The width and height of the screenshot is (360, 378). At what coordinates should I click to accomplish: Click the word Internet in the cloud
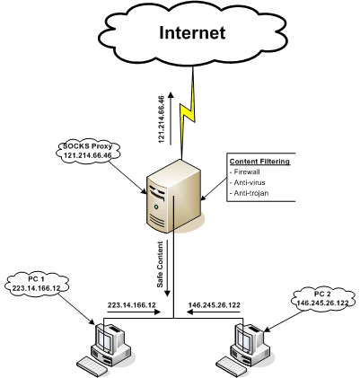pyautogui.click(x=192, y=32)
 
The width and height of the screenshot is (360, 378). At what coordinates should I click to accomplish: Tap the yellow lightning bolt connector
pyautogui.click(x=188, y=113)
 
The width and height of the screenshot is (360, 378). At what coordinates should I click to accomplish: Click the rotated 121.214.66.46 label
pyautogui.click(x=162, y=119)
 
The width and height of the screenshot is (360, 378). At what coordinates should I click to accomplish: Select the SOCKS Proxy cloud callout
pyautogui.click(x=88, y=151)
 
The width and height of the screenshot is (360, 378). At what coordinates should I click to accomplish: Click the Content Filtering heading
pyautogui.click(x=259, y=162)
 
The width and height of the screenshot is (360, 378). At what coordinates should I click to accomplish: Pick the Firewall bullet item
pyautogui.click(x=244, y=171)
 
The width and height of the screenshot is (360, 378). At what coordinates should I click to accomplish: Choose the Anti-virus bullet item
pyautogui.click(x=247, y=182)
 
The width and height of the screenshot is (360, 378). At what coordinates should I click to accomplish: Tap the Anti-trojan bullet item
pyautogui.click(x=249, y=193)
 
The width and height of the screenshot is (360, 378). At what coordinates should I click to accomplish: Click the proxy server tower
pyautogui.click(x=173, y=196)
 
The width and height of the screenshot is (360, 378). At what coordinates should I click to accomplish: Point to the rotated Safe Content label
pyautogui.click(x=160, y=264)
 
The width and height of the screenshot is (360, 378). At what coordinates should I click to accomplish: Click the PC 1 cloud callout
pyautogui.click(x=37, y=284)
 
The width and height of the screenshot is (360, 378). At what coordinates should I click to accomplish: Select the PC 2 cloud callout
pyautogui.click(x=322, y=298)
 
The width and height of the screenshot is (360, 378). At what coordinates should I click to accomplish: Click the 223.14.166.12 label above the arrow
pyautogui.click(x=132, y=305)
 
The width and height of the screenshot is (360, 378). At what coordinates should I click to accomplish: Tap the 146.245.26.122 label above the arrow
pyautogui.click(x=215, y=305)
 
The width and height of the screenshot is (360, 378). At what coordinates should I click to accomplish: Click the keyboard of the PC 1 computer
pyautogui.click(x=93, y=366)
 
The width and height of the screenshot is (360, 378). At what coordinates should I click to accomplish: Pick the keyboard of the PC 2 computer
pyautogui.click(x=233, y=366)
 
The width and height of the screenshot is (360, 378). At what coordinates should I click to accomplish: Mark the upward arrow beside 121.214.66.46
pyautogui.click(x=171, y=119)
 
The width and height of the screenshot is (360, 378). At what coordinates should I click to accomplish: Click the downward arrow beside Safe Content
pyautogui.click(x=168, y=268)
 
